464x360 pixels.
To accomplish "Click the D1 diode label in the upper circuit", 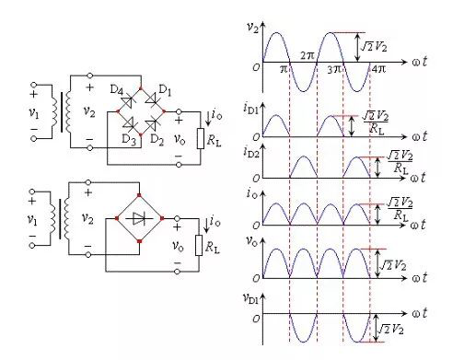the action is pyautogui.click(x=166, y=90).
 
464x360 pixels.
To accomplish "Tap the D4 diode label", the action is pyautogui.click(x=117, y=90).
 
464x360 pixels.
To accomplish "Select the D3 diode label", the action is pyautogui.click(x=129, y=140).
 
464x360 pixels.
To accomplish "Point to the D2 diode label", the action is pyautogui.click(x=157, y=140).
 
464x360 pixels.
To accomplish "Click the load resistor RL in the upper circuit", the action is pyautogui.click(x=201, y=139).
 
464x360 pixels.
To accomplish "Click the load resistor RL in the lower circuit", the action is pyautogui.click(x=199, y=245).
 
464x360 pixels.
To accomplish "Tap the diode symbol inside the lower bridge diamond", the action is pyautogui.click(x=140, y=218).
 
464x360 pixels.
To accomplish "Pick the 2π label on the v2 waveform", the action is pyautogui.click(x=307, y=55).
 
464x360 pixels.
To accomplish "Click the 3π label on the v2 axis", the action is pyautogui.click(x=334, y=69).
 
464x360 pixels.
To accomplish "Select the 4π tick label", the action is pyautogui.click(x=378, y=68).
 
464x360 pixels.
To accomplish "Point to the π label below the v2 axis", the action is pyautogui.click(x=284, y=69).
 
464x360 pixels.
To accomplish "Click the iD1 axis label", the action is pyautogui.click(x=251, y=108).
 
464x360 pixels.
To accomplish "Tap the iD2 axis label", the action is pyautogui.click(x=251, y=152).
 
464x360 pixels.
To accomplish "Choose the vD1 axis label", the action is pyautogui.click(x=250, y=298).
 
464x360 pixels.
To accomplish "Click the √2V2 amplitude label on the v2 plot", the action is pyautogui.click(x=374, y=47).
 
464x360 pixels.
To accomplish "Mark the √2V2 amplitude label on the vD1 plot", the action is pyautogui.click(x=390, y=330).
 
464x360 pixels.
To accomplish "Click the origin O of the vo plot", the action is pyautogui.click(x=257, y=278).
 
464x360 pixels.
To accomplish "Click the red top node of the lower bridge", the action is pyautogui.click(x=139, y=195).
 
